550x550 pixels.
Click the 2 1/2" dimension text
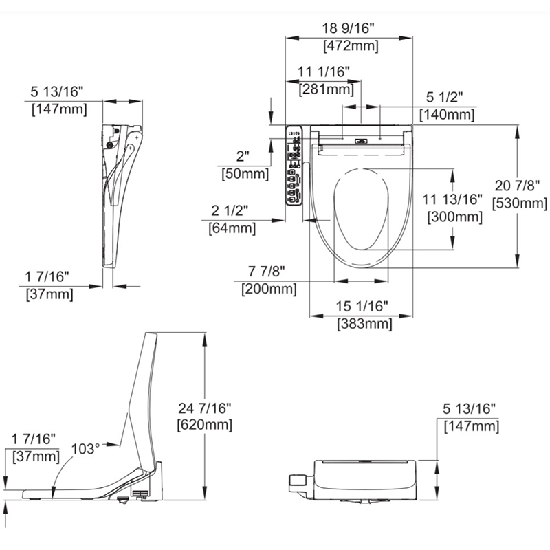230,210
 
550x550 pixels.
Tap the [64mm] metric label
232,228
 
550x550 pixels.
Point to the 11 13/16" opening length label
454,200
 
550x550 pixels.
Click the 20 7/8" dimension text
520,186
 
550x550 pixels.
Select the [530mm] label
520,203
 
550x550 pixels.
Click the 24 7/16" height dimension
204,407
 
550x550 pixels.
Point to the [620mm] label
204,424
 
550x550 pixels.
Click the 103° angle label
86,448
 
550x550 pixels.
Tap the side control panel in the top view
294,165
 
